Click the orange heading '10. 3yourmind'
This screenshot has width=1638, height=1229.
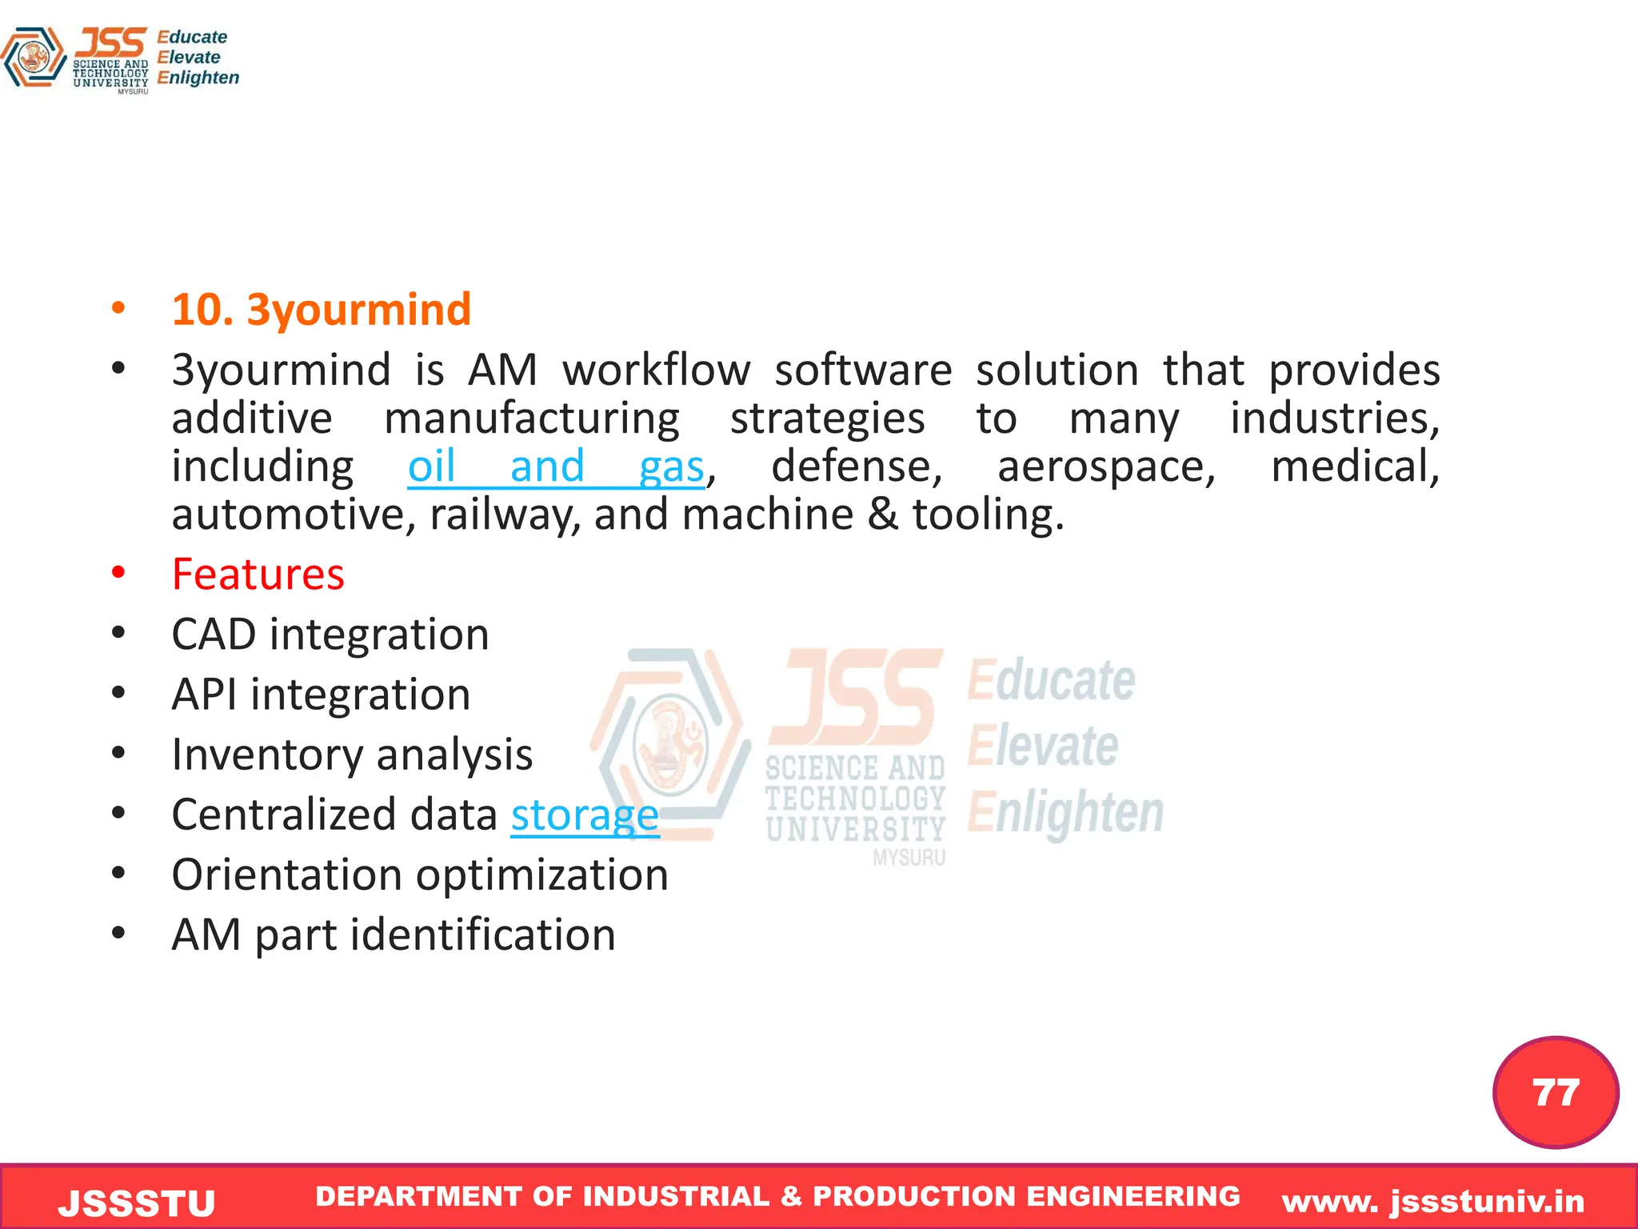pos(321,310)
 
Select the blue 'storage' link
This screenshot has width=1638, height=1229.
pos(585,815)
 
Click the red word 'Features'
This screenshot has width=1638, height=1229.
pos(258,574)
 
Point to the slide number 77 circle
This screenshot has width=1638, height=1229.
pos(1555,1092)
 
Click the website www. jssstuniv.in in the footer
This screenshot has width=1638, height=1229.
pos(1432,1201)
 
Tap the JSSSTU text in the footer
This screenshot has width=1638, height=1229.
pos(137,1203)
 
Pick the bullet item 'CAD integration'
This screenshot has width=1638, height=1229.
pos(330,635)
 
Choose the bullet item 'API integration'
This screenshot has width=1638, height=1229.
pos(321,695)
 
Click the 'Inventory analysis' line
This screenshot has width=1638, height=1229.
pos(352,755)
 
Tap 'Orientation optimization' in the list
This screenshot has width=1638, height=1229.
pos(420,875)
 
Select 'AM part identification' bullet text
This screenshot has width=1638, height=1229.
pos(394,935)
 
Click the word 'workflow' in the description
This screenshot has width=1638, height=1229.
pos(656,370)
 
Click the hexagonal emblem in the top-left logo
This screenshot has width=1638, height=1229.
pos(34,58)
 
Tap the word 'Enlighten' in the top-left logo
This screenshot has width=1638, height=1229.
pos(198,78)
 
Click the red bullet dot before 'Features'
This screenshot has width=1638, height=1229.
pos(118,573)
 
